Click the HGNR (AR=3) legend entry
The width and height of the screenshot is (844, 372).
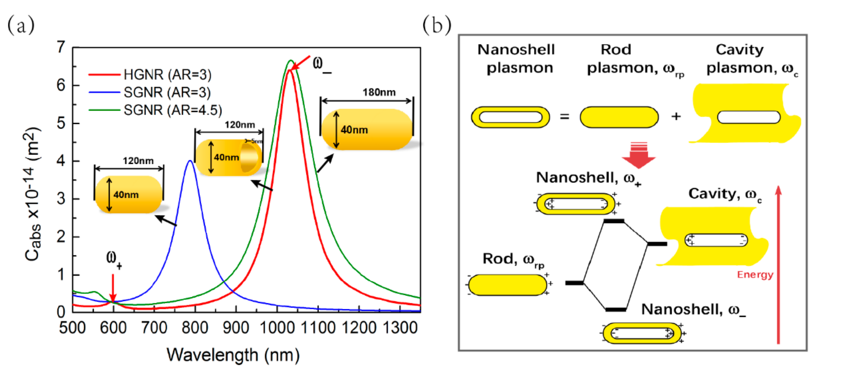(167, 75)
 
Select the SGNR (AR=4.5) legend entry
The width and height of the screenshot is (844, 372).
(172, 110)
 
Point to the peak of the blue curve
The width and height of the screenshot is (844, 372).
(190, 161)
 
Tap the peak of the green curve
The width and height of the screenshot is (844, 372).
(290, 61)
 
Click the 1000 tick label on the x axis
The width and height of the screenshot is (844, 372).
(277, 328)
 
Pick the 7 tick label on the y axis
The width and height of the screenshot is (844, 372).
(61, 47)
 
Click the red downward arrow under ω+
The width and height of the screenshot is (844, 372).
(113, 289)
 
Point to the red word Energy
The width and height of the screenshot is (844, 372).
(755, 275)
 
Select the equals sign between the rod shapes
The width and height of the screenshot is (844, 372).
(564, 117)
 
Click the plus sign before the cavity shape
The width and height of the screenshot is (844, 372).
(676, 116)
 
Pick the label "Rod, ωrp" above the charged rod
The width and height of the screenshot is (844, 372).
(513, 259)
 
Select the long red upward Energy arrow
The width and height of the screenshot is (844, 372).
(778, 265)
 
